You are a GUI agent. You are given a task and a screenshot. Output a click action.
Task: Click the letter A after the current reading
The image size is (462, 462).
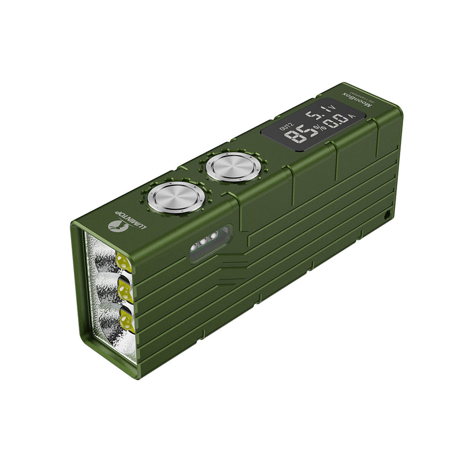pyautogui.click(x=353, y=116)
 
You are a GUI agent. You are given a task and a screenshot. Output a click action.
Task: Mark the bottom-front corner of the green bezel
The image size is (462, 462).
pyautogui.click(x=135, y=377)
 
